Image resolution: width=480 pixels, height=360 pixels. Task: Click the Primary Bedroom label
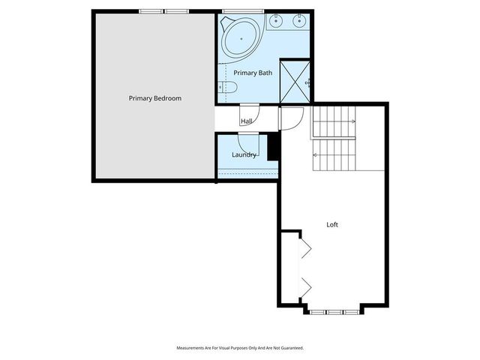(x=154, y=98)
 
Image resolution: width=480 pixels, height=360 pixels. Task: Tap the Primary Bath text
(x=253, y=73)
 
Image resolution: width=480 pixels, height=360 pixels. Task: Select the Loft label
(x=332, y=224)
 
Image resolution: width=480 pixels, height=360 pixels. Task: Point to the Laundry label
(x=244, y=155)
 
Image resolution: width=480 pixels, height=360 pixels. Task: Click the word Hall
(x=246, y=121)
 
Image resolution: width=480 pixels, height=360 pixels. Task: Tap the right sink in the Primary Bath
(x=300, y=19)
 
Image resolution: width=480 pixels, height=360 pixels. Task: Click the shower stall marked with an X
(x=295, y=81)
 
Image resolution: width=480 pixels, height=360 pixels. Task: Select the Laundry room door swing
(x=248, y=142)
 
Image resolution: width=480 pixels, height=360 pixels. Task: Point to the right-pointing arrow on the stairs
(x=351, y=120)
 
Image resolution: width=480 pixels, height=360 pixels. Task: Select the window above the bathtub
(x=238, y=11)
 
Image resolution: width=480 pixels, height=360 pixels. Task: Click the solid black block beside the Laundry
(x=273, y=145)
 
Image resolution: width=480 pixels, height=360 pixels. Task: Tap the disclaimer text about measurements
(x=239, y=348)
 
